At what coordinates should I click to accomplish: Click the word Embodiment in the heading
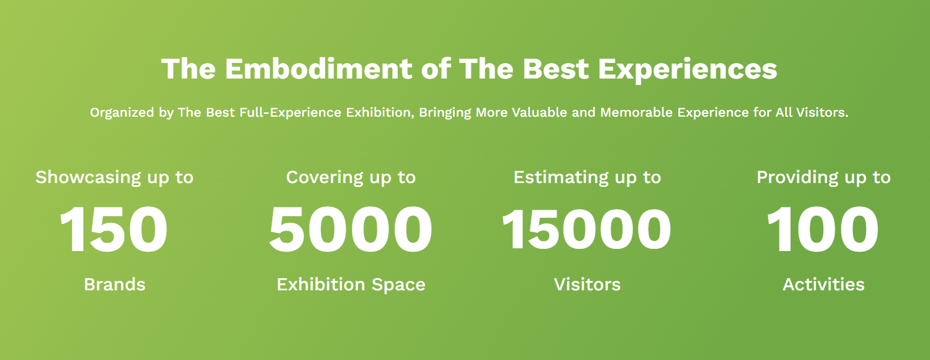tap(319, 69)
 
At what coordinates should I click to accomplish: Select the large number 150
tap(113, 229)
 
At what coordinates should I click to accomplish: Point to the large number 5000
tap(351, 229)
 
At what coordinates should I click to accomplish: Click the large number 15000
tap(586, 229)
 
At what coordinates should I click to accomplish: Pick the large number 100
tap(823, 229)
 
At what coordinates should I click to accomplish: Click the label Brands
tap(115, 284)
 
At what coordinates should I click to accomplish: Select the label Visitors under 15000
tap(587, 284)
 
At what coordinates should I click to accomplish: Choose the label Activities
tap(823, 284)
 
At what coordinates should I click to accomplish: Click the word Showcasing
tap(88, 178)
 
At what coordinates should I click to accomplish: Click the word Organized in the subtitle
tap(122, 113)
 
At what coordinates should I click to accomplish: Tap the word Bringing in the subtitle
tap(445, 113)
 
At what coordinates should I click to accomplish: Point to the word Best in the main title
tap(555, 69)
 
